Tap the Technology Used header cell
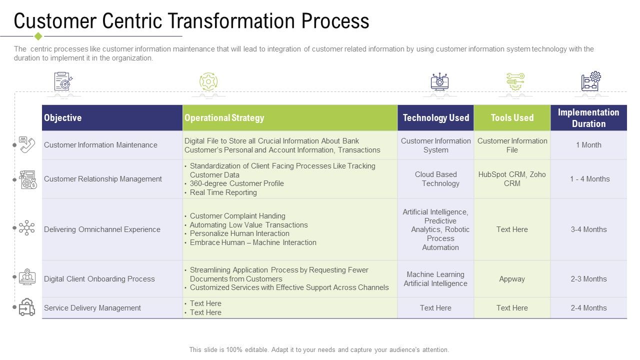(x=435, y=118)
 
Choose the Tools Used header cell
(x=512, y=118)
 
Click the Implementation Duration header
(x=588, y=118)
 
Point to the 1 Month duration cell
(x=588, y=145)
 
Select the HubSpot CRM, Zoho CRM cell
(x=512, y=179)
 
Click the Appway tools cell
(x=512, y=279)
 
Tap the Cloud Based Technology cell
(x=435, y=179)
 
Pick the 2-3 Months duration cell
(x=588, y=279)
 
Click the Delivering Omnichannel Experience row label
(x=102, y=229)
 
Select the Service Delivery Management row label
(x=92, y=308)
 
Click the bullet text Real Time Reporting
(x=223, y=192)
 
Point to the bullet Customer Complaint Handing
(x=237, y=216)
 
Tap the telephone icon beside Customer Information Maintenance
(x=27, y=145)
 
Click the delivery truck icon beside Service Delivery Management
(x=27, y=307)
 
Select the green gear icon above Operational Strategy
(x=208, y=81)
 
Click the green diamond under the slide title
(x=38, y=36)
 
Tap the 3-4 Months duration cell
(x=588, y=229)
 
